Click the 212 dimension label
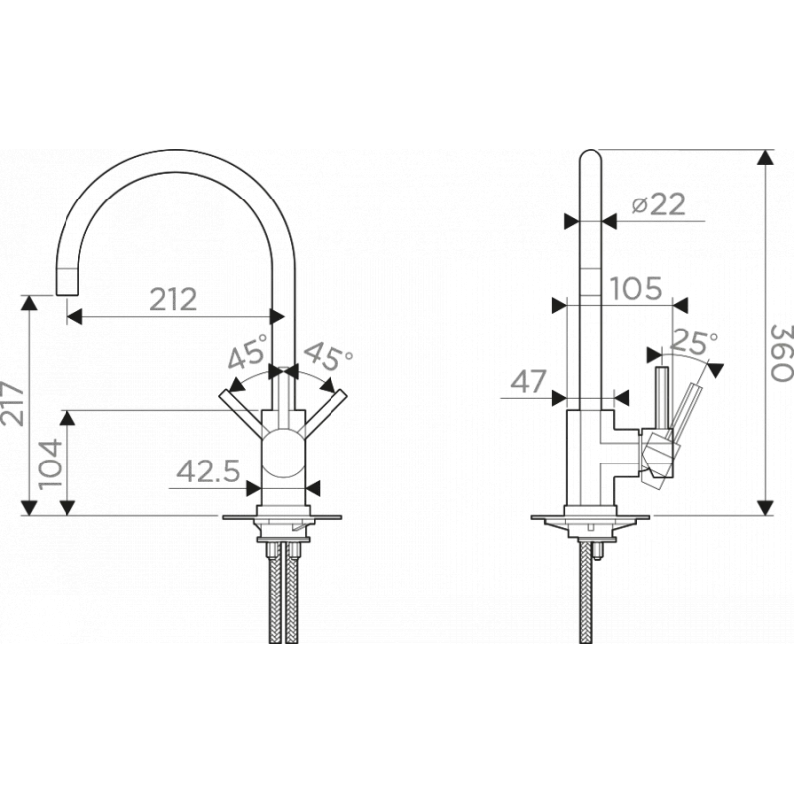pyautogui.click(x=173, y=300)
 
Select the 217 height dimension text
pyautogui.click(x=12, y=403)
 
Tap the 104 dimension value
pyautogui.click(x=51, y=463)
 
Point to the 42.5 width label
pyautogui.click(x=208, y=472)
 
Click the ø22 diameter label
pyautogui.click(x=659, y=203)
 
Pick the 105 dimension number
pyautogui.click(x=636, y=288)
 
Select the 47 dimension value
pyautogui.click(x=529, y=381)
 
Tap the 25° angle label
pyautogui.click(x=693, y=342)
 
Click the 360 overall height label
pyautogui.click(x=781, y=353)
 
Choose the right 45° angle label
pyautogui.click(x=329, y=356)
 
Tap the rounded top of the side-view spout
pyautogui.click(x=591, y=155)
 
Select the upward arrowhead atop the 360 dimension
pyautogui.click(x=765, y=157)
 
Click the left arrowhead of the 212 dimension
pyautogui.click(x=74, y=317)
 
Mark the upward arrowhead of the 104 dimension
pyautogui.click(x=67, y=417)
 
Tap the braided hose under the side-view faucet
pyautogui.click(x=586, y=592)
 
